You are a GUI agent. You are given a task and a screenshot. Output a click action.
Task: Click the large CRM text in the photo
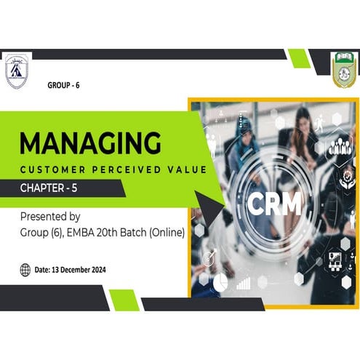pos(273,204)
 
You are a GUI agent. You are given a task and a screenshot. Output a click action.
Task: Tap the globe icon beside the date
pos(25,270)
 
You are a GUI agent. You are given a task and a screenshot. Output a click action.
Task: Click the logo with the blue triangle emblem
pos(16,71)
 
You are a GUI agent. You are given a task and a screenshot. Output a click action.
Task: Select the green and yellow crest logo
pos(343,70)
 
